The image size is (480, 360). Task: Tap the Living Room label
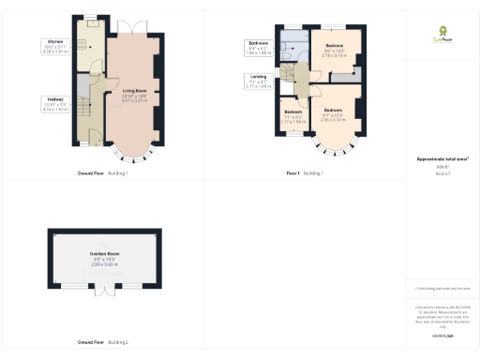point(134,92)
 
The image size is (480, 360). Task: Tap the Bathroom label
point(259,44)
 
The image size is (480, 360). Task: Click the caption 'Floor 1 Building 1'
point(304,173)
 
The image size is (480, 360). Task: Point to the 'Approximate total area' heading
point(442,158)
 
